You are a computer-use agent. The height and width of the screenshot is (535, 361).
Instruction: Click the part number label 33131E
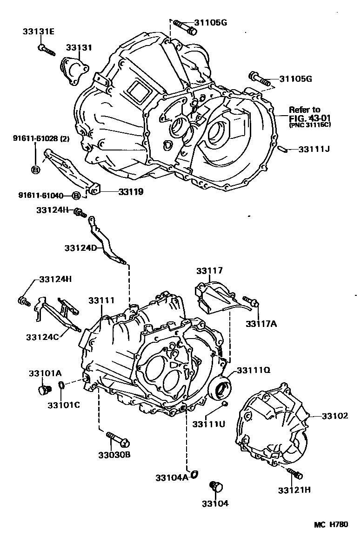(39, 32)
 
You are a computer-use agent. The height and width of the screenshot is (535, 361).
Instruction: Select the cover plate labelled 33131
(74, 70)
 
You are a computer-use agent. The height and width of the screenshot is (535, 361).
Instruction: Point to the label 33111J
(314, 149)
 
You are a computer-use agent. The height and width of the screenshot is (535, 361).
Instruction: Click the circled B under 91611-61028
(35, 170)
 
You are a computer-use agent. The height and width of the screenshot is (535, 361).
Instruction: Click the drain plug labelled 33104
(216, 486)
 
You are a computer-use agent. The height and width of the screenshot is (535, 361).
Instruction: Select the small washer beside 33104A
(195, 474)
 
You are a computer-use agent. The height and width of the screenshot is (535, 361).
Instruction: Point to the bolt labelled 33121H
(294, 474)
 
